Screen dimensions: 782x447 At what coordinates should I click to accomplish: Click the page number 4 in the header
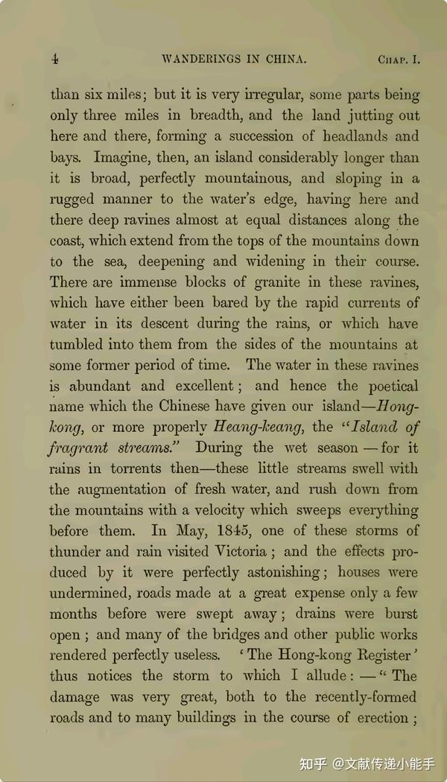coord(55,60)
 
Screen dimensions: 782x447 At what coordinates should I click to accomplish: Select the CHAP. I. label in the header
coord(399,60)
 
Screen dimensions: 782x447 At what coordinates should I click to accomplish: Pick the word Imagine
coord(123,158)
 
